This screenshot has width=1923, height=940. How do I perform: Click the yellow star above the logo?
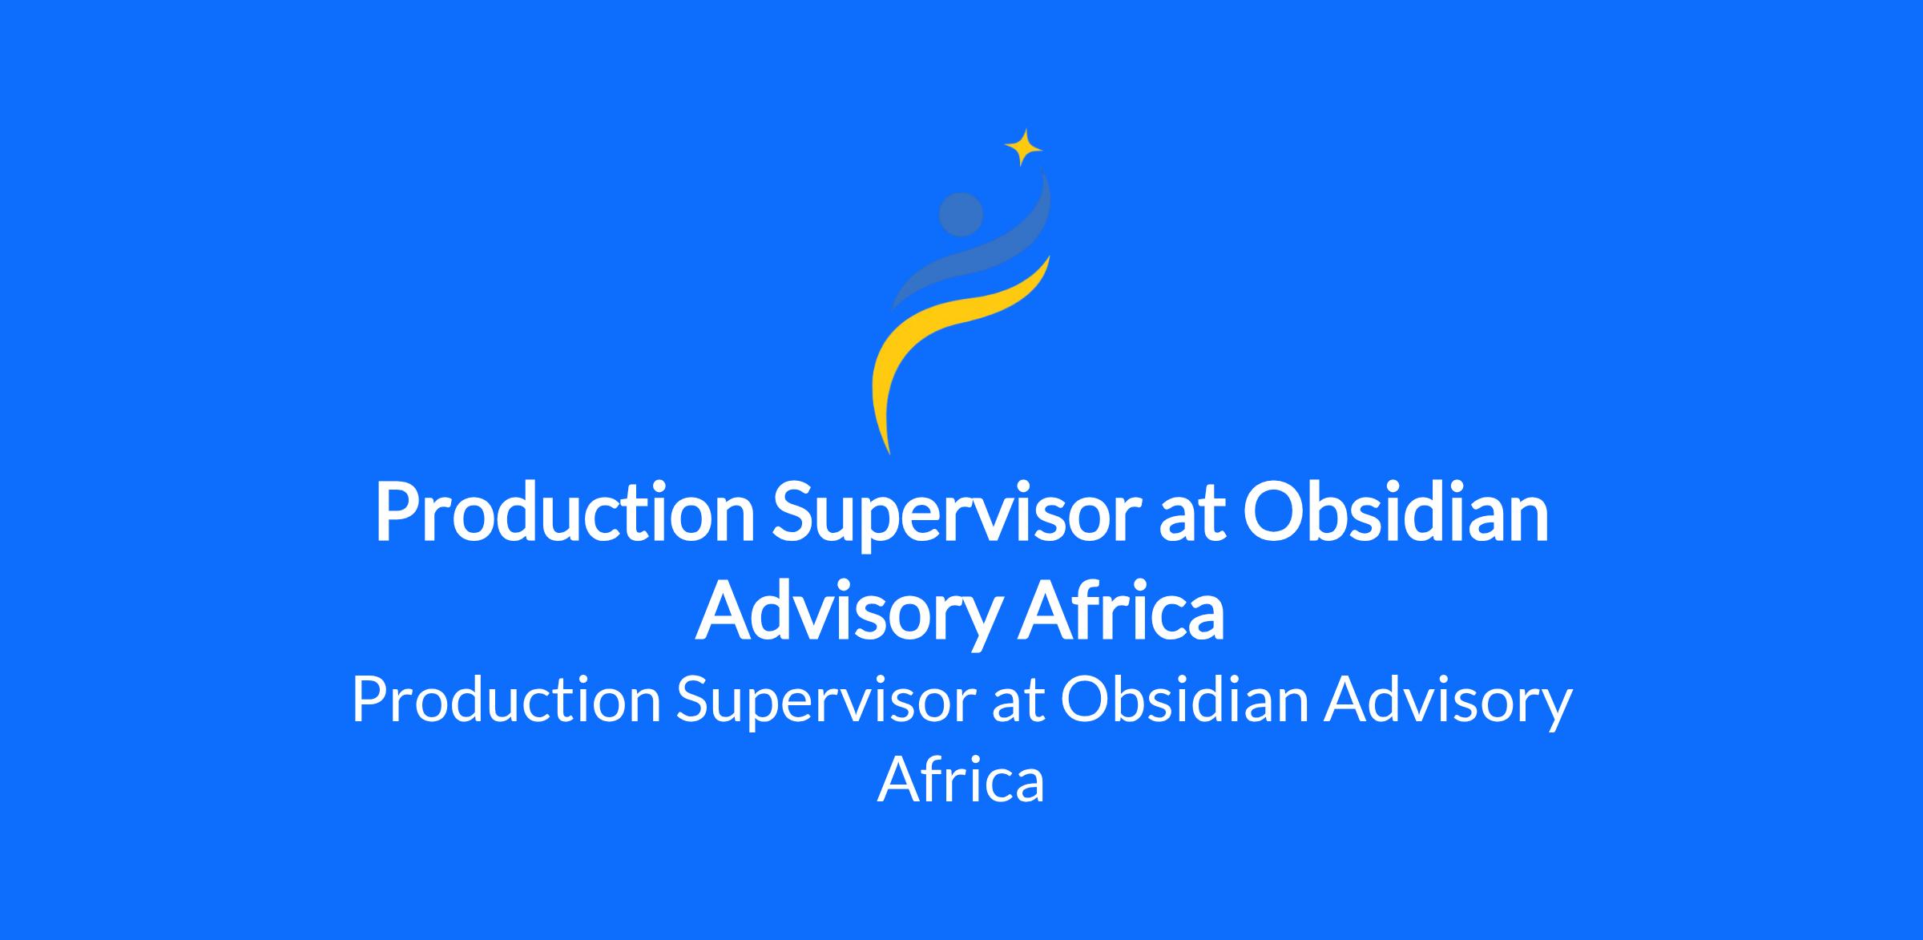pyautogui.click(x=1023, y=147)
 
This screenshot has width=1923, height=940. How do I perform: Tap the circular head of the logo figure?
pyautogui.click(x=961, y=215)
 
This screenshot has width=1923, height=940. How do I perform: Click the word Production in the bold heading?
pyautogui.click(x=565, y=514)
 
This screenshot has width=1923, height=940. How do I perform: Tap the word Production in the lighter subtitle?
pyautogui.click(x=506, y=700)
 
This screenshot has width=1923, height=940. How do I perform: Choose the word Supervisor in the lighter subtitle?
pyautogui.click(x=824, y=700)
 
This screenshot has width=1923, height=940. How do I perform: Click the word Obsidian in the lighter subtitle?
pyautogui.click(x=1184, y=699)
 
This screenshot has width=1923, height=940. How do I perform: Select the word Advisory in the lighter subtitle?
pyautogui.click(x=1449, y=700)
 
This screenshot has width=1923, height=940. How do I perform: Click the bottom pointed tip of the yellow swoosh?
pyautogui.click(x=889, y=454)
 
